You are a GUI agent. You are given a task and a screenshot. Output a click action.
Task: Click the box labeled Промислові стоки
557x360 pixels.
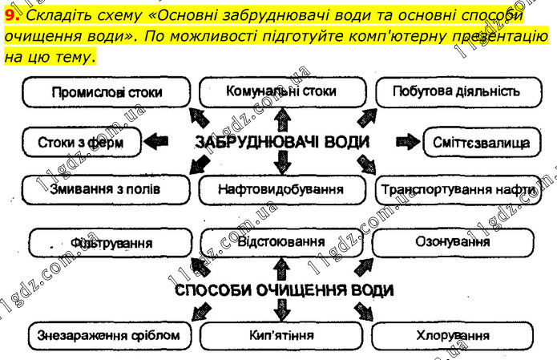[x=106, y=93]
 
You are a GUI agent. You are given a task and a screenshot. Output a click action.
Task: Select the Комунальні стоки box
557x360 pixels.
[x=281, y=91]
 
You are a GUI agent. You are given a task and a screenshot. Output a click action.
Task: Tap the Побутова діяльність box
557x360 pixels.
[x=454, y=91]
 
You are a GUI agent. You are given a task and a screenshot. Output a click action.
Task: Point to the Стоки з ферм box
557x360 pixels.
[x=80, y=143]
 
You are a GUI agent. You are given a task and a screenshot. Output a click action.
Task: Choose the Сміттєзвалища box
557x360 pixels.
[x=480, y=143]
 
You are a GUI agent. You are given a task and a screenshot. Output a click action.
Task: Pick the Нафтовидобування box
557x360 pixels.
[x=281, y=190]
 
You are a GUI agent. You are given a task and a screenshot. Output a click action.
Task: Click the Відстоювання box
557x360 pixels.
[x=281, y=241]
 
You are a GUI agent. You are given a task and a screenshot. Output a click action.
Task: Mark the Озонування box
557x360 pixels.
[x=453, y=241]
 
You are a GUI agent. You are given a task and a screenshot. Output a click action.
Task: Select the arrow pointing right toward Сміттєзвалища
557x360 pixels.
[x=407, y=143]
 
